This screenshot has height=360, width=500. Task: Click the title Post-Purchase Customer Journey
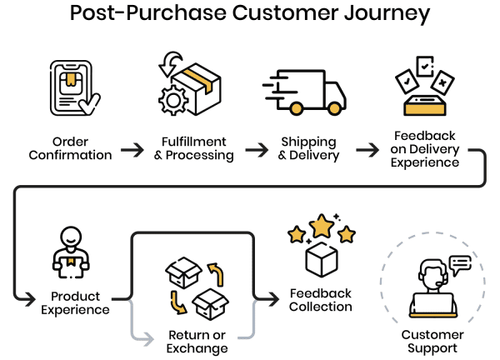[250, 14]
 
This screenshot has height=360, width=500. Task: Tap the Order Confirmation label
[71, 148]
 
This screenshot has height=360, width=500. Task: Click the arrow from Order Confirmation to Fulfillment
[132, 150]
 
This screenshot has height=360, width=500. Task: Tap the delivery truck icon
[305, 90]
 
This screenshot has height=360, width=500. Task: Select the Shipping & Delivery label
[308, 148]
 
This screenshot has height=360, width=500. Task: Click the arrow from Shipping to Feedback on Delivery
[367, 150]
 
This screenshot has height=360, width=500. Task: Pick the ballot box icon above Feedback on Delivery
[424, 88]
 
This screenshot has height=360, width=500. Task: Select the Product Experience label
[76, 302]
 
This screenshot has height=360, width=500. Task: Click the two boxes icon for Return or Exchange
[197, 287]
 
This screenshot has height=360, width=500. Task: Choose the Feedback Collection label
[321, 300]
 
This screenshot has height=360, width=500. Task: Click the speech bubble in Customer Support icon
[460, 263]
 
